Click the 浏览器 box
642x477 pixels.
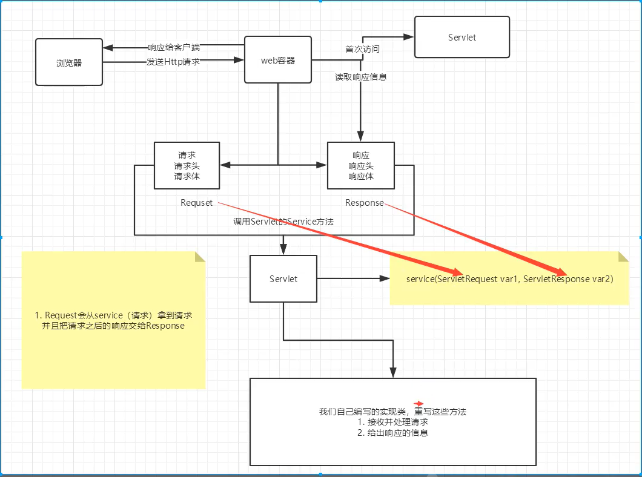pos(69,62)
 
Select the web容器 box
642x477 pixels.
pos(278,61)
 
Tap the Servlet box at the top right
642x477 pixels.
pos(462,38)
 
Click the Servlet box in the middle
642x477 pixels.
pos(283,279)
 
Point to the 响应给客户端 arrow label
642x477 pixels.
pos(174,47)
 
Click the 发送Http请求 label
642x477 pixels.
pos(173,62)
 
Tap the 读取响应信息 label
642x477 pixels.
pos(361,77)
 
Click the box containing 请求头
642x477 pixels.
pos(187,165)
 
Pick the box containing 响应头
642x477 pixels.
pos(361,166)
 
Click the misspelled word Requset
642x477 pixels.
pos(197,203)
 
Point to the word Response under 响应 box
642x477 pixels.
pos(365,203)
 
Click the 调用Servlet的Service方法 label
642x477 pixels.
pos(283,222)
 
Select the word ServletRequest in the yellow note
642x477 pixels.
pos(465,279)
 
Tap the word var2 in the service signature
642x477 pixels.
pos(602,279)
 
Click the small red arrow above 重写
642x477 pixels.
pos(419,403)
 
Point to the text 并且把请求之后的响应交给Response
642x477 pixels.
pos(114,326)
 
